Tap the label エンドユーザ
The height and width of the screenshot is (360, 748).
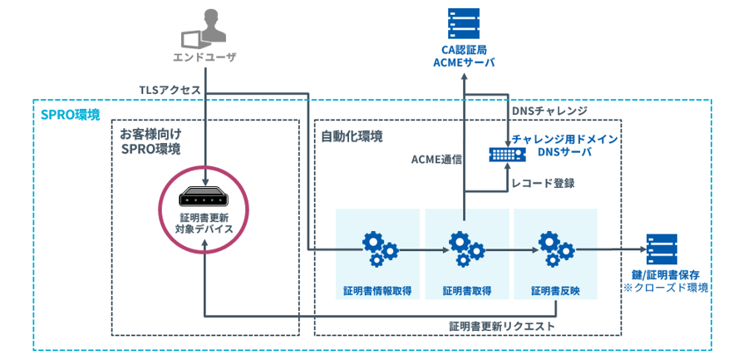(204, 57)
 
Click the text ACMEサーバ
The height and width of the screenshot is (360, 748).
(464, 62)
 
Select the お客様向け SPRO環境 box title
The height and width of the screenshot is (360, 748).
(150, 141)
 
